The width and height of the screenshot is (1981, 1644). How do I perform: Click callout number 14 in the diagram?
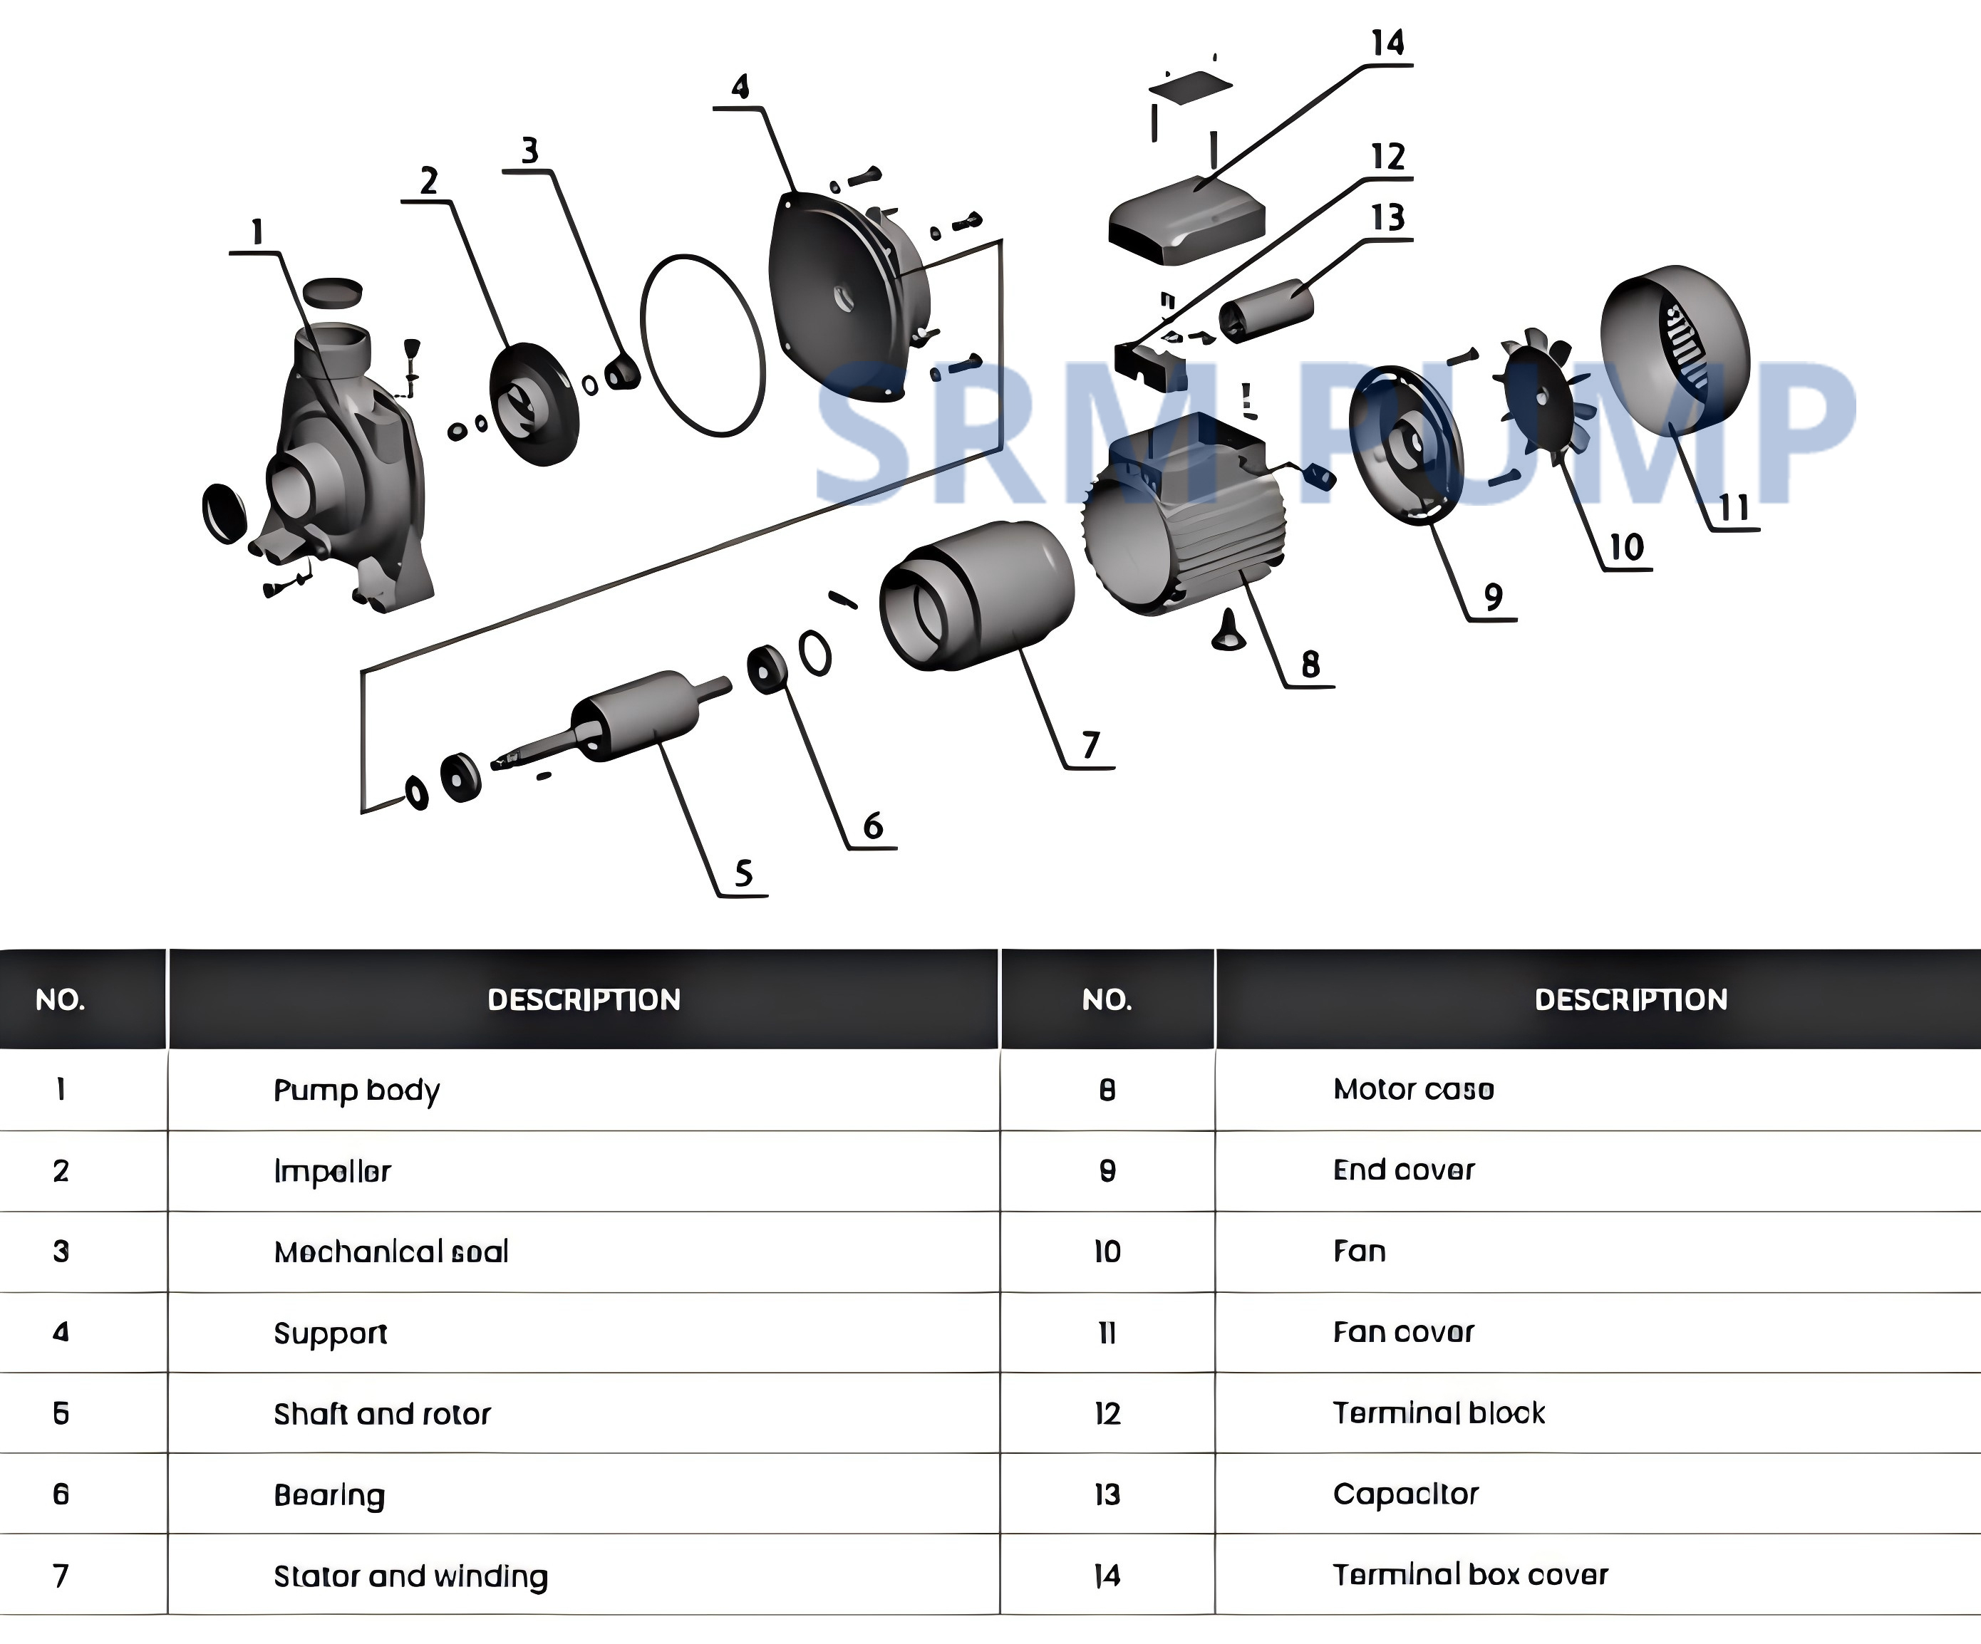tap(1387, 43)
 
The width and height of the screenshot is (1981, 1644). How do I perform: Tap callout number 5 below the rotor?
tap(743, 873)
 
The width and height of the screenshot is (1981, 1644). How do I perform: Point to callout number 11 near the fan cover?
tap(1734, 509)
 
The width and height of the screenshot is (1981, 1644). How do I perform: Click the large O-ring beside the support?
tap(703, 345)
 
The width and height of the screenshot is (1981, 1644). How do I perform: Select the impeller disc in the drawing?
tap(533, 404)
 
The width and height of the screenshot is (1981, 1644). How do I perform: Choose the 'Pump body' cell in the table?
tap(356, 1091)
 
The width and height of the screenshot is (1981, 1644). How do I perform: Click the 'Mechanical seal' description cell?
tap(390, 1252)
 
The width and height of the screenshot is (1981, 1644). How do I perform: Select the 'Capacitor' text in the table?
tap(1405, 1494)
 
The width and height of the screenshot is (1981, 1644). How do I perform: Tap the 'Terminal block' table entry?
tap(1439, 1413)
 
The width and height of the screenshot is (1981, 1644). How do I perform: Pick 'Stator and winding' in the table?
tap(410, 1576)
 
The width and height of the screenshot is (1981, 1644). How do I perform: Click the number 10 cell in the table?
tap(1107, 1252)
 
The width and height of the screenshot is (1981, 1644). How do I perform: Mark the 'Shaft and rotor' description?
tap(382, 1414)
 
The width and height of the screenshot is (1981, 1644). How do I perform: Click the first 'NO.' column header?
tap(61, 1000)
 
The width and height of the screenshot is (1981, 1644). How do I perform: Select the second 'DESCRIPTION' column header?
tap(1631, 1000)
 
